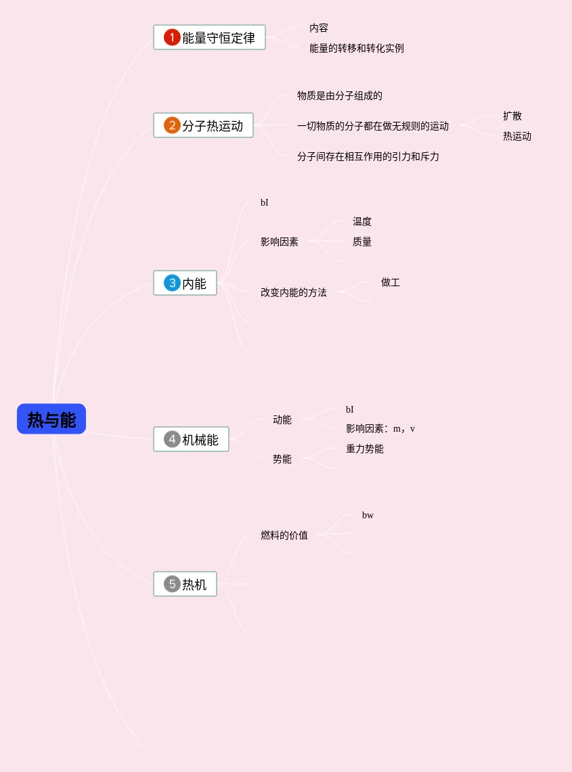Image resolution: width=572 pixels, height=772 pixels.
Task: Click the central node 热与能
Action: coord(51,419)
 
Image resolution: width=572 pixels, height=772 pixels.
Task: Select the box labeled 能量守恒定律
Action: coord(209,38)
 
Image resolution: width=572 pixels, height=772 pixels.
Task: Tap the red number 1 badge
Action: coord(172,38)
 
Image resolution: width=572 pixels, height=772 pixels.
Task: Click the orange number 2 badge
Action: coord(172,126)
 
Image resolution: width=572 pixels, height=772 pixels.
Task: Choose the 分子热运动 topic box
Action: coord(203,126)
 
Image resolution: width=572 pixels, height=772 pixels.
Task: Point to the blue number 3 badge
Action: coord(172,283)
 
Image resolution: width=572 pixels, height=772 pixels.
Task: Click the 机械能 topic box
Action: coord(192,440)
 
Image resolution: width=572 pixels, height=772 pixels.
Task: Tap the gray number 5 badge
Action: coord(172,584)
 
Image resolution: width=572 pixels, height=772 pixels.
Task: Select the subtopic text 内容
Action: coord(319,28)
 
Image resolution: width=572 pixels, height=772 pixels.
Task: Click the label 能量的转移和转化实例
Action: coord(356,48)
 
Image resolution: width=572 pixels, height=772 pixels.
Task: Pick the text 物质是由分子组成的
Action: coord(339,96)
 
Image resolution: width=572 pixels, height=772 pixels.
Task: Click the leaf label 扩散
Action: coord(512,116)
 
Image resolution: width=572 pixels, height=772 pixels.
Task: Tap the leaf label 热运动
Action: coord(516,136)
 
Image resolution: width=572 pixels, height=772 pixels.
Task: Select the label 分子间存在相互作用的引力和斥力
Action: coord(368,156)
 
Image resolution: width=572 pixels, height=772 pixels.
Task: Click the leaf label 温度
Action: coord(361,222)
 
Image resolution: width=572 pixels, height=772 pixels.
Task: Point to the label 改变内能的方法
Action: coord(293,292)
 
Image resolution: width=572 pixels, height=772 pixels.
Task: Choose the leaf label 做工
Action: coord(390,282)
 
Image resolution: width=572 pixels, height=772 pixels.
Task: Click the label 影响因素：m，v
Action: coord(380,429)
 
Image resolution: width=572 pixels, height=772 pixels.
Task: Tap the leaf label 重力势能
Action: coord(364,449)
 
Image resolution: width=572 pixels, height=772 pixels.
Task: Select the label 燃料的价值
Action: coord(284,535)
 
